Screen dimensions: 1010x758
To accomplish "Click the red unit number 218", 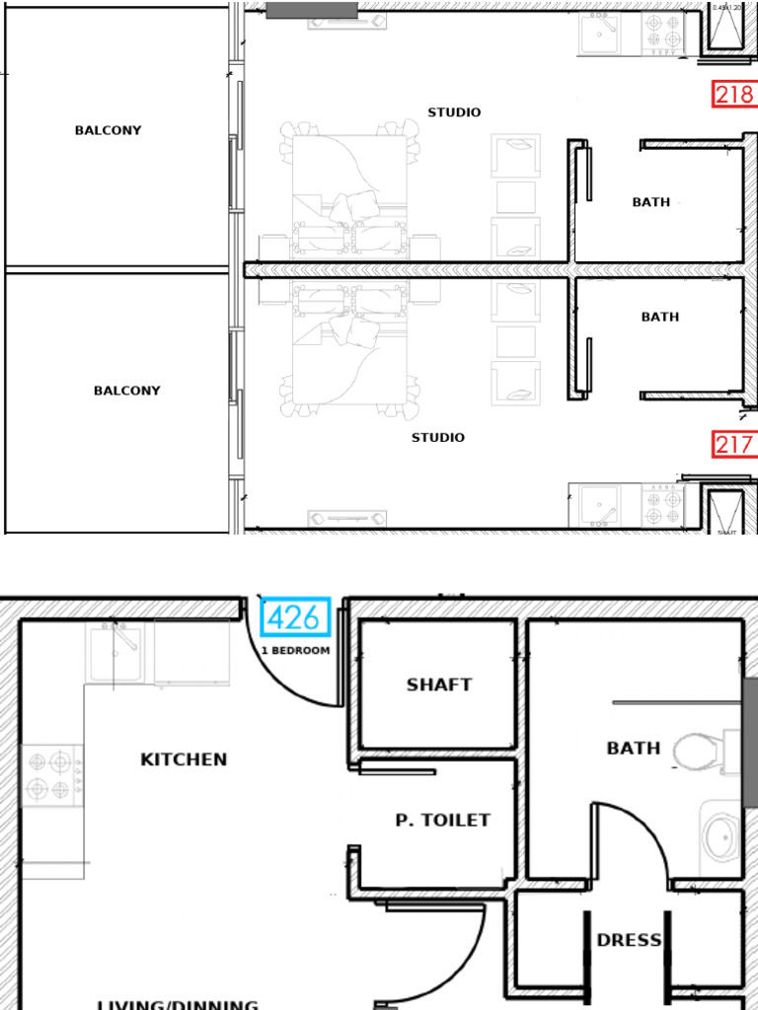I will [x=733, y=95].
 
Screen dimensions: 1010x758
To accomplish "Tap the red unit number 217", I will [x=733, y=445].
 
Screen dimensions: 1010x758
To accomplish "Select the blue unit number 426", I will [x=293, y=618].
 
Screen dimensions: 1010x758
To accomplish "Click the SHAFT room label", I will [x=439, y=685].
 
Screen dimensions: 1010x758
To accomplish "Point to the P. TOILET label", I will [x=442, y=820].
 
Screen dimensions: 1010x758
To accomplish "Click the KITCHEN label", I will [x=184, y=759].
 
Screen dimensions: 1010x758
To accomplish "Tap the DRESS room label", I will [x=629, y=940].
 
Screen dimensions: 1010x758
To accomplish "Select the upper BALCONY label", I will [x=108, y=130].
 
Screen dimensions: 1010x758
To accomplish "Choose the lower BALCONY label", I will [x=126, y=391].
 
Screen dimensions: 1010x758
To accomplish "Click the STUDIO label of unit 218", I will [x=454, y=112].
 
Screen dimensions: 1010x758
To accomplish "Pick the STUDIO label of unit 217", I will [x=438, y=437].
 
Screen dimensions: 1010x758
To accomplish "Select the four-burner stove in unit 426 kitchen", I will [x=52, y=775].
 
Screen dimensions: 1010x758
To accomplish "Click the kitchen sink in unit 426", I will [x=119, y=653].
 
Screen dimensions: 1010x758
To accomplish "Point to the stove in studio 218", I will [x=663, y=33].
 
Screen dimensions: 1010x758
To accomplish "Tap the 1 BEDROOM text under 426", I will [x=296, y=651].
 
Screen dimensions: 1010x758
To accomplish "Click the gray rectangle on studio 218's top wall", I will [x=311, y=9].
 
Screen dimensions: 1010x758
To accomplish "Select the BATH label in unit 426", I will [x=634, y=749].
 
